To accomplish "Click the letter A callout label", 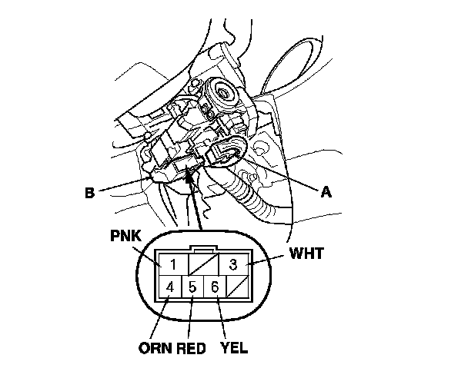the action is [x=326, y=193].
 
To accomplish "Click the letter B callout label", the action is [x=91, y=193].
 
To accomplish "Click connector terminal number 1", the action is [x=174, y=265].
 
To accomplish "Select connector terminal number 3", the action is [x=232, y=265].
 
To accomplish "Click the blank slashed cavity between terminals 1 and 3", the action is [x=202, y=264].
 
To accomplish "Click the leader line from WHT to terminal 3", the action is [x=266, y=259].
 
